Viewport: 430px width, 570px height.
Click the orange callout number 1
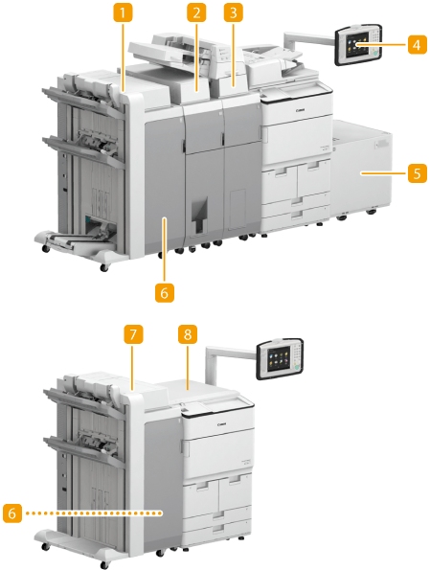tap(123, 13)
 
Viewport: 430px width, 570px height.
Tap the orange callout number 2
tap(196, 13)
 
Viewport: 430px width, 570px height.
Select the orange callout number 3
tap(234, 13)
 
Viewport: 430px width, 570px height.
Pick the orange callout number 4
tap(417, 44)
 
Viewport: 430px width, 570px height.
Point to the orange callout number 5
tap(417, 173)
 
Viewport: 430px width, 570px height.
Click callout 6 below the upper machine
tap(165, 292)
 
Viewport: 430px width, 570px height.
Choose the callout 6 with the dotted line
tap(12, 513)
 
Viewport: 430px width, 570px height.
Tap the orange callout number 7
tap(133, 334)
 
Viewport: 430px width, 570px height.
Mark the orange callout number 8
tap(188, 334)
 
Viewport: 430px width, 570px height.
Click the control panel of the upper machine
tap(358, 44)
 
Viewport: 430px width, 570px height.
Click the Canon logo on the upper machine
tap(301, 110)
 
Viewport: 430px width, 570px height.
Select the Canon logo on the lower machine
tap(221, 424)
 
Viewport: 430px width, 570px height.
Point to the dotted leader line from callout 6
tap(95, 513)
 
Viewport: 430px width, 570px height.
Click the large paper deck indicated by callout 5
tap(362, 168)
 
